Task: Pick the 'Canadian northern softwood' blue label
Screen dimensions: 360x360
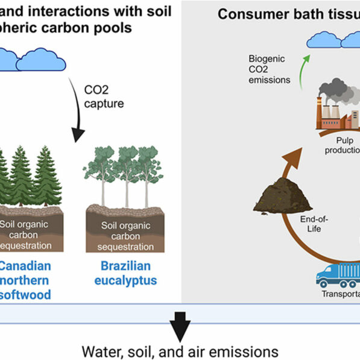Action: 25,280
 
